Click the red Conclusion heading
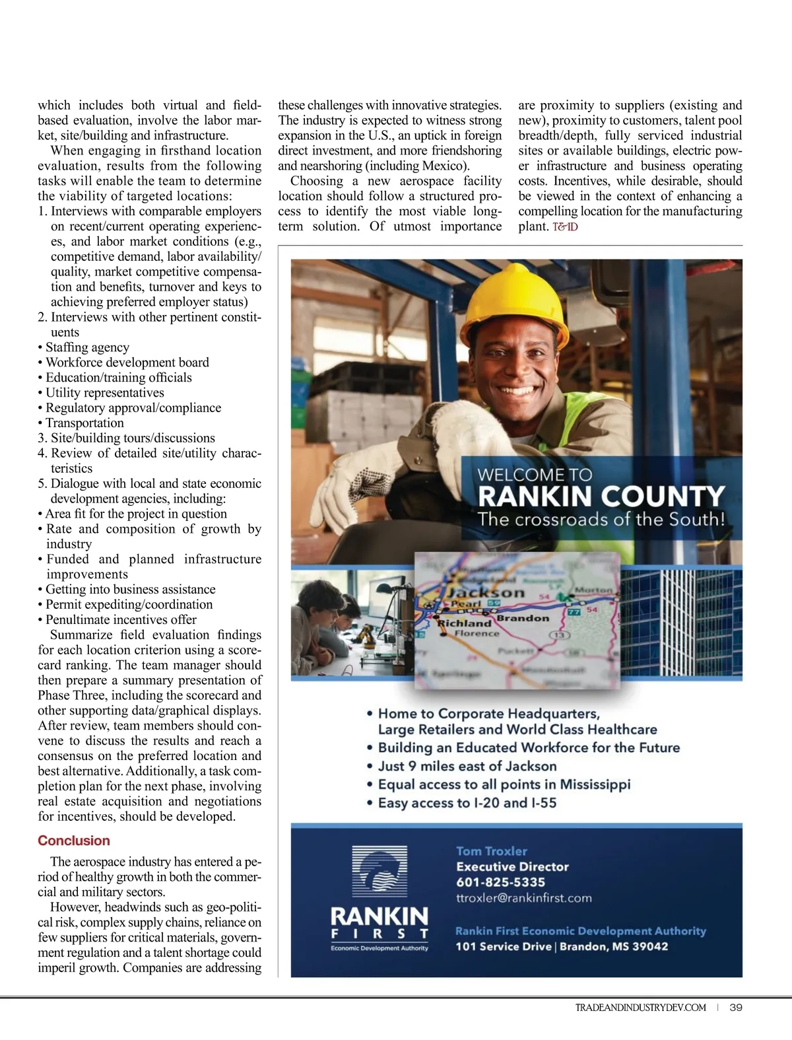[x=74, y=841]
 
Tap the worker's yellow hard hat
[x=515, y=291]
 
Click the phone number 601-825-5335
[x=500, y=882]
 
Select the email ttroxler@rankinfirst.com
[x=523, y=898]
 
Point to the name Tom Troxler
[x=492, y=851]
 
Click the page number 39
[x=737, y=1008]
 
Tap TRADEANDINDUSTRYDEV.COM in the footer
[x=640, y=1008]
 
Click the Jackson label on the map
[x=486, y=592]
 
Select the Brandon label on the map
[x=522, y=619]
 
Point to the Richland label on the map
[x=465, y=623]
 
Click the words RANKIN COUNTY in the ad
[x=601, y=497]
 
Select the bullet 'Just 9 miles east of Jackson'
[x=467, y=766]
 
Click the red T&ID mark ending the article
[x=565, y=227]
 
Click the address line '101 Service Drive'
[x=503, y=946]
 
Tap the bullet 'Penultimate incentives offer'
[x=121, y=619]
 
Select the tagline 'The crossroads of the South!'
[x=601, y=519]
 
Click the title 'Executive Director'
[x=512, y=867]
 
